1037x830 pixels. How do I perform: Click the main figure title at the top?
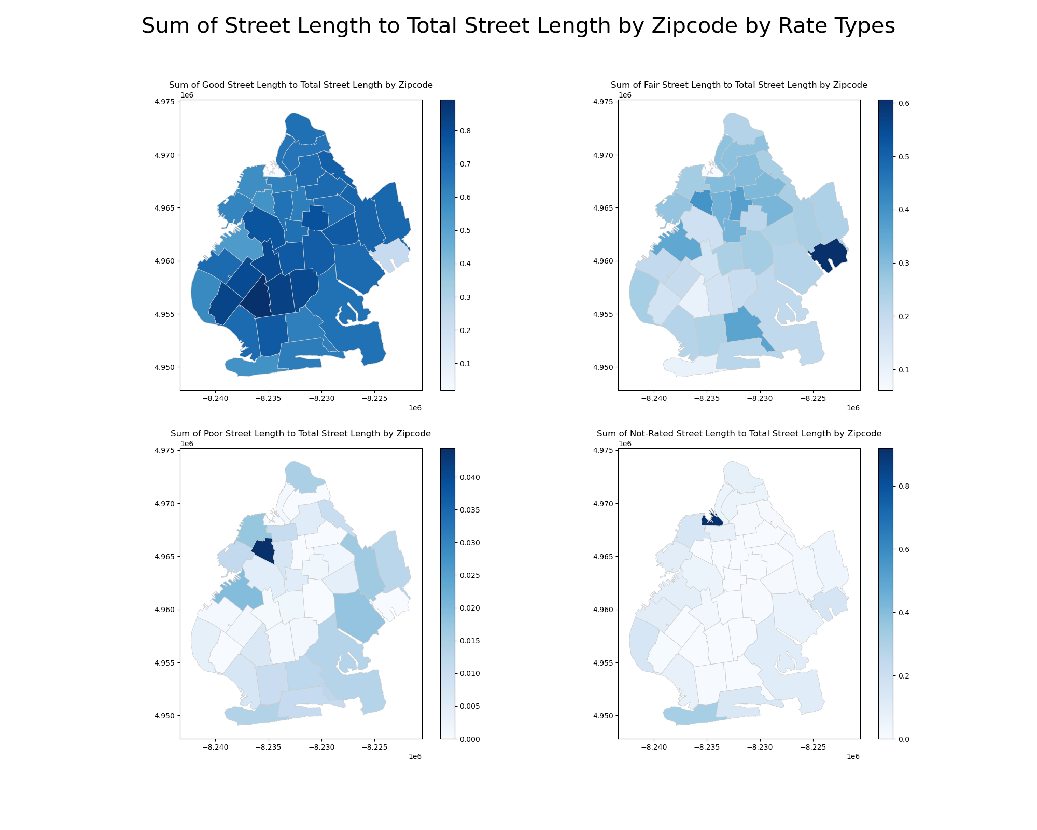[518, 26]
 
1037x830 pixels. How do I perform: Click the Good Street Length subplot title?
[301, 85]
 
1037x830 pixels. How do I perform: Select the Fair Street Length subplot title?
[739, 85]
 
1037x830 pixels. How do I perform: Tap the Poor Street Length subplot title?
[301, 434]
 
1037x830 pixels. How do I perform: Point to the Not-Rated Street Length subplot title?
[739, 434]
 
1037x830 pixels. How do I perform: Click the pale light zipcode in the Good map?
[390, 254]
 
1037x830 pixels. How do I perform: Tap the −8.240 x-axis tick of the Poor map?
[215, 748]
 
